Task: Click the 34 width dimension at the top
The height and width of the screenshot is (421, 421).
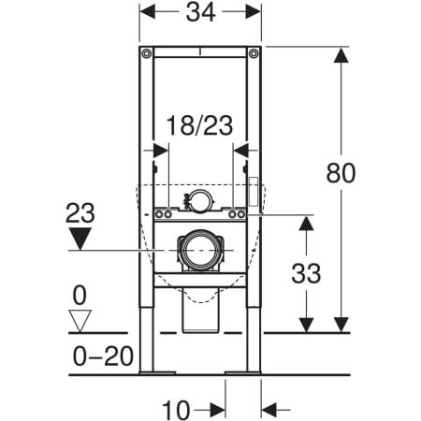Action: pyautogui.click(x=200, y=12)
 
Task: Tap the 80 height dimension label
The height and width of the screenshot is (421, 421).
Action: pyautogui.click(x=341, y=173)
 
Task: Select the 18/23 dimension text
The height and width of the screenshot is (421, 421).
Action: pyautogui.click(x=199, y=125)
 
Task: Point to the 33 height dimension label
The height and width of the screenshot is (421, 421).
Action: pyautogui.click(x=306, y=273)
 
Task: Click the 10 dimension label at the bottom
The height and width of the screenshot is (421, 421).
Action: pyautogui.click(x=176, y=410)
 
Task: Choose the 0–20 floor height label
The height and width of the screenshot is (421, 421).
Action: pyautogui.click(x=103, y=356)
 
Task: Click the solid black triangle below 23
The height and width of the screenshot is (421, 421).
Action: pyautogui.click(x=80, y=239)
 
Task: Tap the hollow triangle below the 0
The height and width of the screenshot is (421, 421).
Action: pyautogui.click(x=80, y=321)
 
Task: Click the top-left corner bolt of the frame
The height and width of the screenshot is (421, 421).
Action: pyautogui.click(x=147, y=53)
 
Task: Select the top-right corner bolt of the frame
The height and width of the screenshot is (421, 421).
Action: pyautogui.click(x=254, y=53)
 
